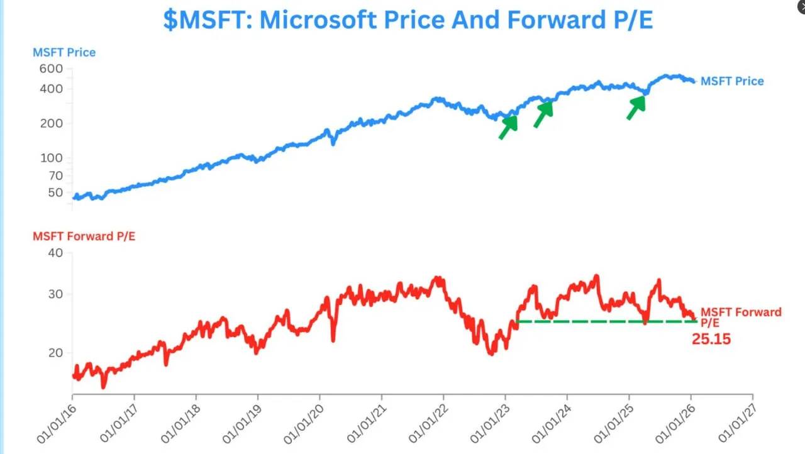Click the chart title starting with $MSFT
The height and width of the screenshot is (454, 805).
[408, 20]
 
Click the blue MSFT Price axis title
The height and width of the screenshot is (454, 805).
[64, 52]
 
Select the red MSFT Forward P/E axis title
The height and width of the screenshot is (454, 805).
[84, 236]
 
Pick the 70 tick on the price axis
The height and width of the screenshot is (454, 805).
[55, 175]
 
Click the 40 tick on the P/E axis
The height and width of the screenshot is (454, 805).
[55, 253]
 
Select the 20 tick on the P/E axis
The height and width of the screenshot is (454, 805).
[55, 353]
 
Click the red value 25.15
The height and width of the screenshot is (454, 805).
[711, 339]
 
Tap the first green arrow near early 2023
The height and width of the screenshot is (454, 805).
[508, 127]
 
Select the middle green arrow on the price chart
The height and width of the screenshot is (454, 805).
[543, 114]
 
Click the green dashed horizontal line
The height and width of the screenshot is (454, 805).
[604, 321]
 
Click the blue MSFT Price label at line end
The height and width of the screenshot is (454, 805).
[732, 81]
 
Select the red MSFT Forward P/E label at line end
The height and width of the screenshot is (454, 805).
[741, 316]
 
